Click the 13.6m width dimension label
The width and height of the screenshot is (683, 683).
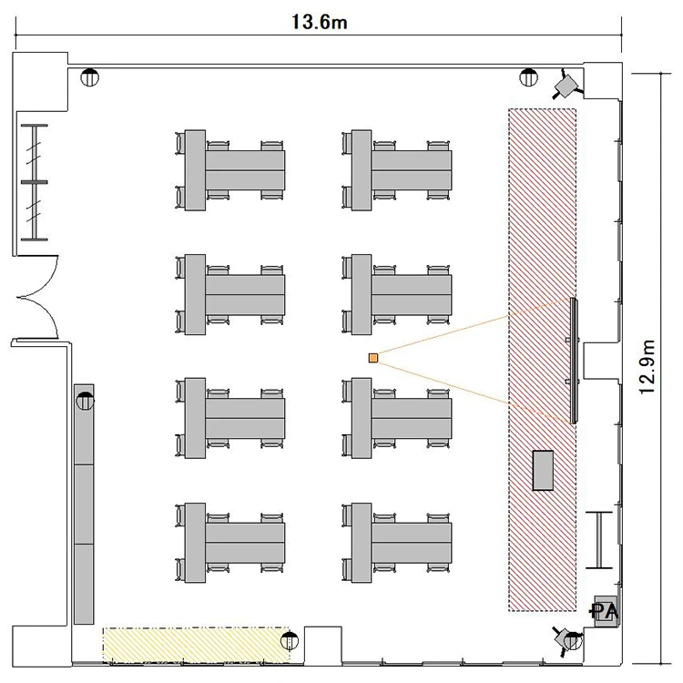[319, 22]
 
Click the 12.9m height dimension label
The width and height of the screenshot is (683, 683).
[647, 367]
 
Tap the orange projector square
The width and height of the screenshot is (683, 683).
[372, 358]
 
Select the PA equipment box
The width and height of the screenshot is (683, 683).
[606, 611]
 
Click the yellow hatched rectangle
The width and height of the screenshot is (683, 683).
[196, 645]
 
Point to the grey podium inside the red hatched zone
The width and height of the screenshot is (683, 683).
[543, 471]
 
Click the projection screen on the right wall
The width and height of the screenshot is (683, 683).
[574, 361]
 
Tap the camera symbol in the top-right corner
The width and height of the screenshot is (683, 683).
[567, 86]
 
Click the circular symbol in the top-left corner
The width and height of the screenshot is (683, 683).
[90, 77]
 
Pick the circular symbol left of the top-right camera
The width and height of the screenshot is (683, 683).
[528, 77]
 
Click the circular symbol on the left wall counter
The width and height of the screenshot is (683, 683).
[85, 401]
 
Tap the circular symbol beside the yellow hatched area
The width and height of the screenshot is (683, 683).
[290, 640]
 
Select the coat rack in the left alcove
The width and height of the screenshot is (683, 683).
[35, 182]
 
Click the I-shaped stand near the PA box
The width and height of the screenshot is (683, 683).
[599, 540]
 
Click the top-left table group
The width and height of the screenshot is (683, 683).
[230, 170]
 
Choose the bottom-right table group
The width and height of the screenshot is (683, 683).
[397, 543]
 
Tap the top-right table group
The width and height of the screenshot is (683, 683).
[397, 170]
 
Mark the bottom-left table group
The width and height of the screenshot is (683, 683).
[230, 543]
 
